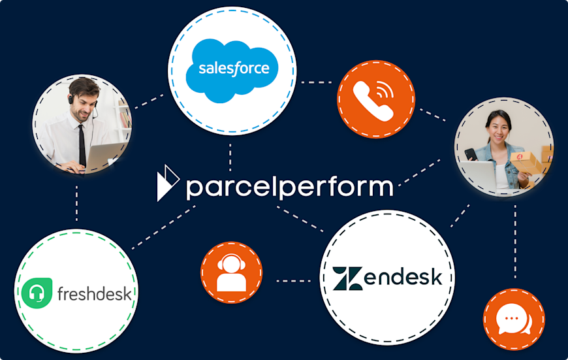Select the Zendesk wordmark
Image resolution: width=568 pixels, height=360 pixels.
coord(387,277)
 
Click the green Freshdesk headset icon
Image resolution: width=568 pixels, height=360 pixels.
coord(36,292)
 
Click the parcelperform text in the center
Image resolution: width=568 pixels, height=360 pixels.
coord(289,187)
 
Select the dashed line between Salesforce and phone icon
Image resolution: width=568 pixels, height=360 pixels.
coord(316,82)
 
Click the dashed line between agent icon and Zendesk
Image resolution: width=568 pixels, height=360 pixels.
coord(293,281)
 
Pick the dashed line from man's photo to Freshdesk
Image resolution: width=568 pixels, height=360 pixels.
coord(77,203)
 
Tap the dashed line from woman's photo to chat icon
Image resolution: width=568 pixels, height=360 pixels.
coord(515,242)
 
